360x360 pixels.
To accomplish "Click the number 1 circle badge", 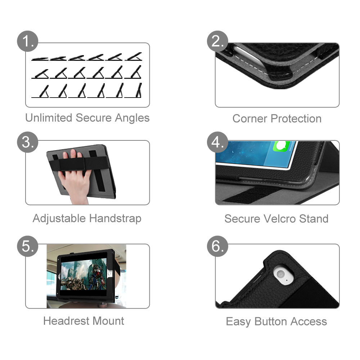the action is click(28, 41).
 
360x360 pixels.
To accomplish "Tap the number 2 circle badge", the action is click(217, 41).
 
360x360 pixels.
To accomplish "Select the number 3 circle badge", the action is click(28, 142).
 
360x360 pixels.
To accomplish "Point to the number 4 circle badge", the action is click(217, 142).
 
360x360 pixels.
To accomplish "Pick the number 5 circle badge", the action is click(28, 246).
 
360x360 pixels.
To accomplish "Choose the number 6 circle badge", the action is click(217, 246).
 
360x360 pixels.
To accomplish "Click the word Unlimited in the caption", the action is click(49, 118).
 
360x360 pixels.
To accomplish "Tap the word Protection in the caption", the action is click(296, 119).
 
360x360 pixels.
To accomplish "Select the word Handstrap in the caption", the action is click(115, 219).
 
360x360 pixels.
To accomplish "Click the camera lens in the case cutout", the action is click(280, 274).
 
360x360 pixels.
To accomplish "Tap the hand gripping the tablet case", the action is click(74, 177).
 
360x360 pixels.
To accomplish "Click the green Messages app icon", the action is click(281, 146).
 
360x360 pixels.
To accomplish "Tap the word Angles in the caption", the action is click(132, 118).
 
